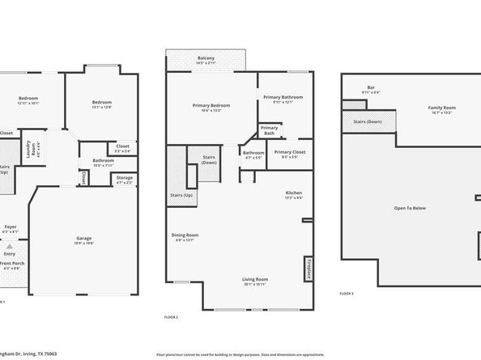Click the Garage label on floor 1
83,238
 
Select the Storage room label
124,178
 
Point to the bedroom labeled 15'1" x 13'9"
101,103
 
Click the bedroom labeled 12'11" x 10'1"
28,100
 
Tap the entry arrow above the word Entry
9,244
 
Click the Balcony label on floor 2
206,58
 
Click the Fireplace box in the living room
309,269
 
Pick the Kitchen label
293,193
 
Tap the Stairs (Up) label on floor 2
181,196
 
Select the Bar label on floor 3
371,87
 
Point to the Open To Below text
411,208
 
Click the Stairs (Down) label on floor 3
368,121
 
